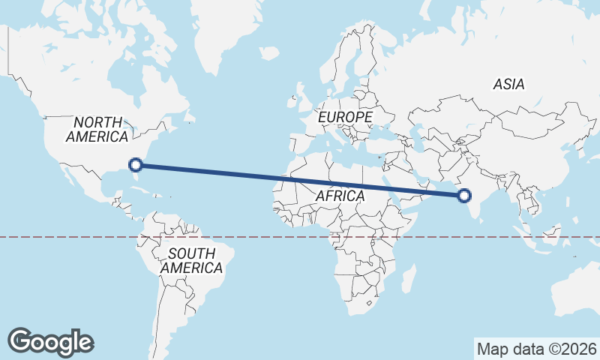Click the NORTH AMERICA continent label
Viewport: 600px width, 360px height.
[97, 129]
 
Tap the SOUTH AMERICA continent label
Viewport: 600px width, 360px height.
[191, 260]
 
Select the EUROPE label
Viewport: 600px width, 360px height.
[345, 118]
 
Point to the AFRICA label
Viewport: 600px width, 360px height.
[340, 196]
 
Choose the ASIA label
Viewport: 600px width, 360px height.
[508, 85]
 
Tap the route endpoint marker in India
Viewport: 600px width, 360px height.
[464, 196]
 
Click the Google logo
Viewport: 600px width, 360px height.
[51, 341]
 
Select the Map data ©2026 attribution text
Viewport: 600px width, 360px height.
[536, 349]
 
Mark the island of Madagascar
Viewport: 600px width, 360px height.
[409, 277]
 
